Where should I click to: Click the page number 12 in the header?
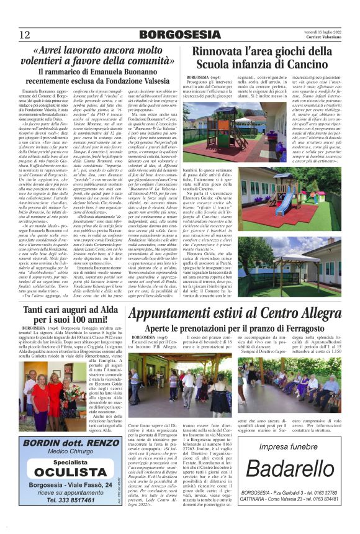pyautogui.click(x=25, y=34)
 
